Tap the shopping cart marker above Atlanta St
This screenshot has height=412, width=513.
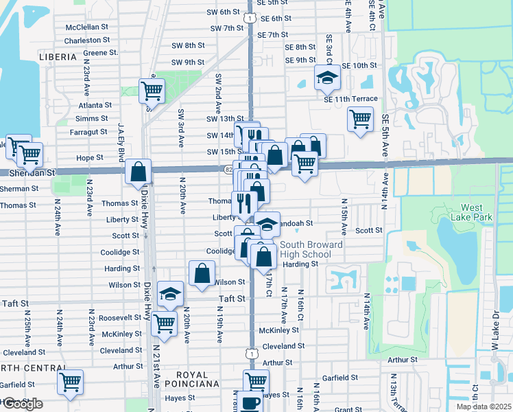click(x=152, y=90)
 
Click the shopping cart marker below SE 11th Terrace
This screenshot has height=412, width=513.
click(x=360, y=119)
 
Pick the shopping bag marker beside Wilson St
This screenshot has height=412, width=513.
click(x=202, y=273)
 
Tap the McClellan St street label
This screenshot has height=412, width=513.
click(x=87, y=27)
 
